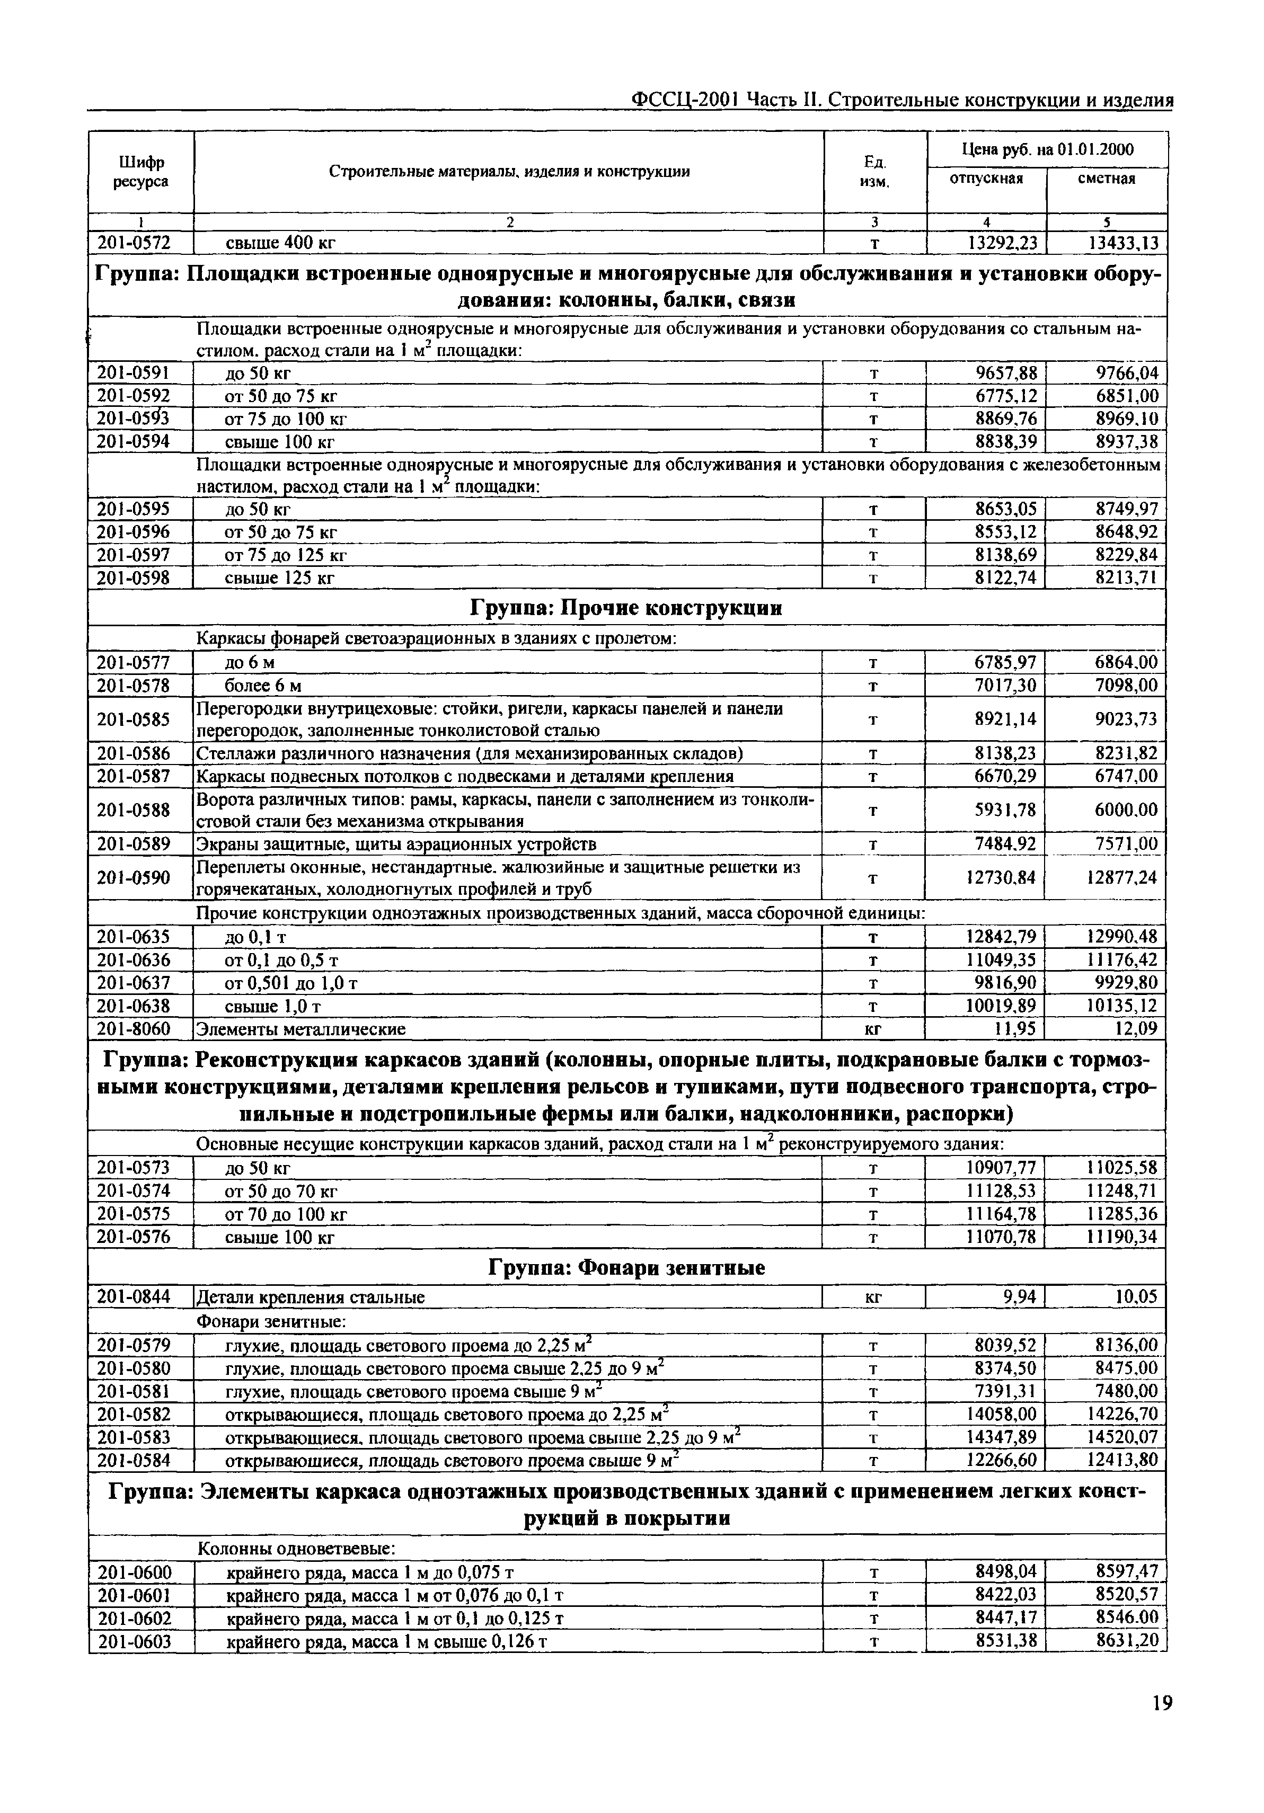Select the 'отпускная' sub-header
986,179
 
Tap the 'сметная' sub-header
1106,179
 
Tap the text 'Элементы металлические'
301,1029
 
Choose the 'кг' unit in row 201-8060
873,1029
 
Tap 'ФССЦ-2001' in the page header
685,100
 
